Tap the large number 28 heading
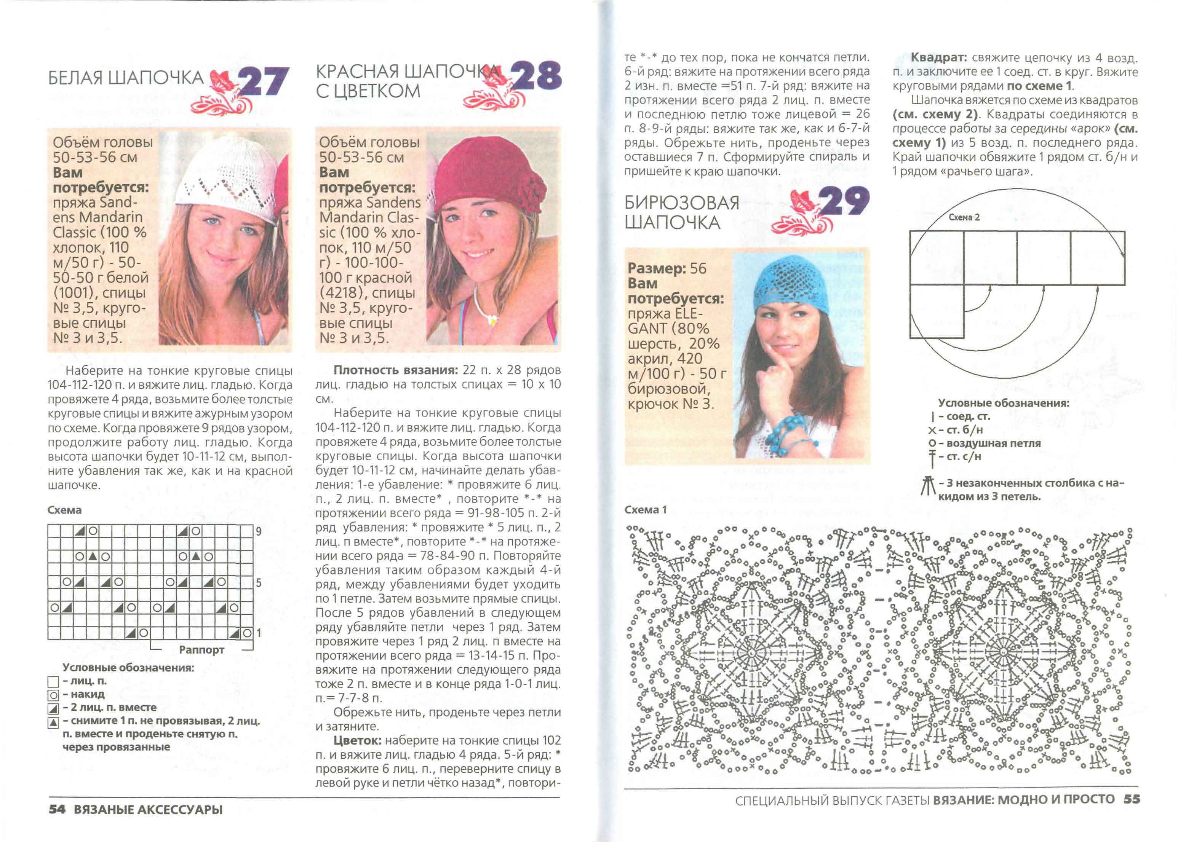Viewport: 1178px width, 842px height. [x=536, y=75]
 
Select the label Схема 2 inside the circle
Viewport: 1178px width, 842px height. [x=964, y=217]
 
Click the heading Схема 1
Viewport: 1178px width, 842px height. [x=645, y=510]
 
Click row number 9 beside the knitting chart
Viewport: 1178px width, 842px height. [x=258, y=531]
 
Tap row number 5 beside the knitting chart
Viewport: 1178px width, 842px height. [x=258, y=583]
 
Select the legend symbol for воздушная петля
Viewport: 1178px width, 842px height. [x=932, y=443]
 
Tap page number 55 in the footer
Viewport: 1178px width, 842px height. [x=1132, y=799]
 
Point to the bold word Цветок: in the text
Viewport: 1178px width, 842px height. [x=357, y=740]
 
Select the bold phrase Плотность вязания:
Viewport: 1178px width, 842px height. [x=396, y=370]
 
